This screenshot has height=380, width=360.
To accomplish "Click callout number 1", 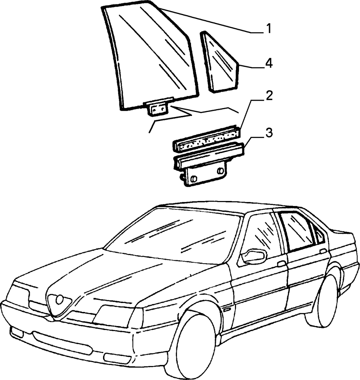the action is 268,29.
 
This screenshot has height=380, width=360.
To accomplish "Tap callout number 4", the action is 269,63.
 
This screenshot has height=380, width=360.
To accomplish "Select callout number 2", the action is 269,96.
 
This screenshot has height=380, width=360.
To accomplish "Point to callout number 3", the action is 269,133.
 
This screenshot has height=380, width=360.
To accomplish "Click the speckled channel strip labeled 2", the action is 207,139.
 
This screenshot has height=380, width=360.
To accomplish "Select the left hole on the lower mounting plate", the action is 194,179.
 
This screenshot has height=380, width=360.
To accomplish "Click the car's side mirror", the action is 253,256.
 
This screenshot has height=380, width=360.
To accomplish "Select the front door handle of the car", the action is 282,264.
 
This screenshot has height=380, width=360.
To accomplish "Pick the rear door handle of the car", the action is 323,251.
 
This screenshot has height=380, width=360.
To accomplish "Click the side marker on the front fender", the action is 228,309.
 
